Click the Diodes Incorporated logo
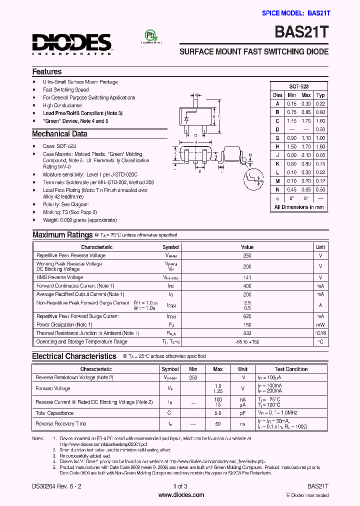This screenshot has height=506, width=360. (x=72, y=43)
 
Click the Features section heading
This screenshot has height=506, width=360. (x=47, y=72)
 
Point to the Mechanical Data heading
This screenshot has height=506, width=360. (x=59, y=134)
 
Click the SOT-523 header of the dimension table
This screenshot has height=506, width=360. (x=298, y=86)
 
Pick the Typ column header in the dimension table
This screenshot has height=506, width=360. (x=320, y=95)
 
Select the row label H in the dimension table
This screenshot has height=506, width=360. (x=277, y=146)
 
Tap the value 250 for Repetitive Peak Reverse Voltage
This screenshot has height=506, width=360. (x=247, y=255)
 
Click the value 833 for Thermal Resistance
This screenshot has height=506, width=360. (x=247, y=333)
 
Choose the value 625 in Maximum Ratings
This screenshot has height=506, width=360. (x=247, y=316)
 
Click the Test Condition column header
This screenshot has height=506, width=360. (x=291, y=369)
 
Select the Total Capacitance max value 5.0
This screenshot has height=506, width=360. (x=218, y=413)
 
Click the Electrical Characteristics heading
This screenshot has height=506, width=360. (x=74, y=356)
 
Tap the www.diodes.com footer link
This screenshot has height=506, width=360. (x=180, y=495)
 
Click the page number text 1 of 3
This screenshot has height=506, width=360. (x=180, y=486)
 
